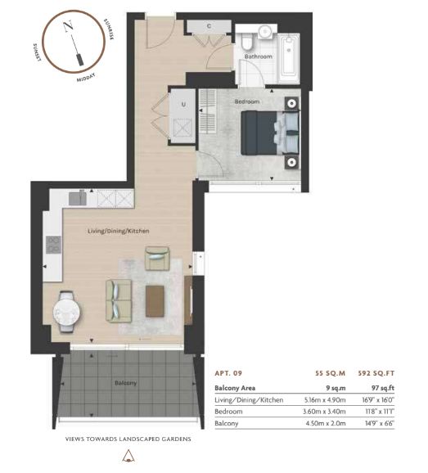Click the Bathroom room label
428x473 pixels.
[258, 56]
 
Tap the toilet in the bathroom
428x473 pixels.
[246, 42]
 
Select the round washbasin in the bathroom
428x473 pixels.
[266, 31]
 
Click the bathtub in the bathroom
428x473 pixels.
[288, 59]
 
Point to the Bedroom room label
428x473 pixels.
[247, 101]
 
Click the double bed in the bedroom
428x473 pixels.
[270, 133]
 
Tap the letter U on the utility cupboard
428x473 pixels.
[183, 105]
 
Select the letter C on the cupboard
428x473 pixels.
[209, 26]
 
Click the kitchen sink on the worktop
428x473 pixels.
[78, 198]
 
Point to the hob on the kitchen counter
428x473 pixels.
[53, 245]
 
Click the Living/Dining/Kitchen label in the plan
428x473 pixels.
[118, 231]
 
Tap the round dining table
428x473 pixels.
[67, 312]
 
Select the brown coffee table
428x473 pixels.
[155, 301]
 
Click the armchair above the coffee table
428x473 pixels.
[157, 259]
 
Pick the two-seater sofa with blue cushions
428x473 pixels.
[119, 300]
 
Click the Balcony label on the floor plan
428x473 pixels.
[126, 383]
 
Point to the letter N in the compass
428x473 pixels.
[69, 26]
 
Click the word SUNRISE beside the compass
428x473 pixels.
[109, 29]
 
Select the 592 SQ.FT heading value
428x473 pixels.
[376, 373]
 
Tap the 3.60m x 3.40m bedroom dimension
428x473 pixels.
[324, 412]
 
